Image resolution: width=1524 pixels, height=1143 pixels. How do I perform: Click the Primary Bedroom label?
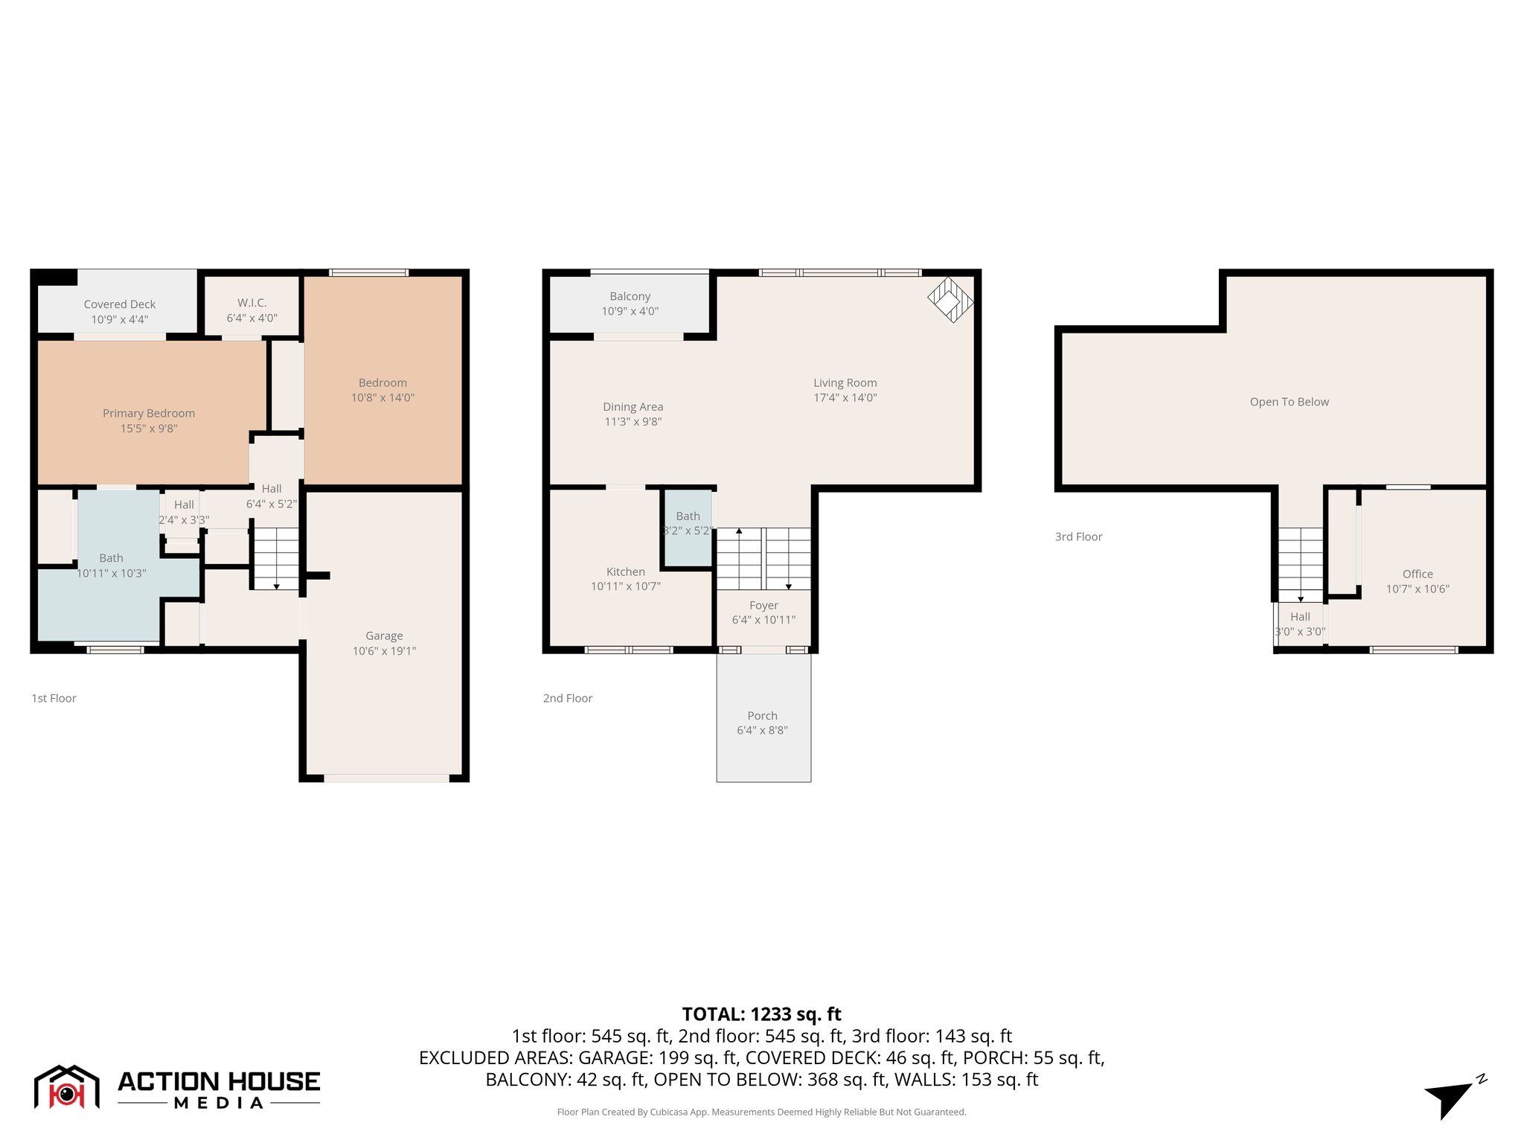tap(149, 413)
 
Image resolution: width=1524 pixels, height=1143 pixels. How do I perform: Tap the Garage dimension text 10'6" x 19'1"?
tap(384, 651)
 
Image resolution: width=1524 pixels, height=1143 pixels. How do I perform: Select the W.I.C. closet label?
tap(252, 303)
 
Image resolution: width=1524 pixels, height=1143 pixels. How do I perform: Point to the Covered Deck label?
tap(120, 304)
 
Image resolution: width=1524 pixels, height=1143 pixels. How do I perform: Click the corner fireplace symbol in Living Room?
tap(950, 299)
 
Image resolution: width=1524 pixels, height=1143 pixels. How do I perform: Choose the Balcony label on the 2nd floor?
tap(630, 296)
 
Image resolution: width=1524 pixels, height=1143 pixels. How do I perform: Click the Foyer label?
tap(763, 606)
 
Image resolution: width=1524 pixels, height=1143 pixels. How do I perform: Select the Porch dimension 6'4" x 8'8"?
tap(762, 731)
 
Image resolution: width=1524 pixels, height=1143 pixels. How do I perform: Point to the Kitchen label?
tap(625, 571)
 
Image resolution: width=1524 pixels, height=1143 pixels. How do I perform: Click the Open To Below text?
tap(1289, 402)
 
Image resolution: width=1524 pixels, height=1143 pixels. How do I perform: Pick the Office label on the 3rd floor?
tap(1417, 574)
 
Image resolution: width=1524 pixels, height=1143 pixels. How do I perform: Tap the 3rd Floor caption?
tap(1078, 537)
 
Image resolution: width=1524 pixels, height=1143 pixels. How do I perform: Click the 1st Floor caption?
tap(54, 698)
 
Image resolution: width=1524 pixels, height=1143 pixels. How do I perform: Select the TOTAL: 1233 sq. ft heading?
tap(761, 1014)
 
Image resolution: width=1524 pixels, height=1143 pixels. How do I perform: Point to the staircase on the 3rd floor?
tap(1300, 564)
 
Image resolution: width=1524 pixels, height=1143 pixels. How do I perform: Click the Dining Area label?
tap(633, 407)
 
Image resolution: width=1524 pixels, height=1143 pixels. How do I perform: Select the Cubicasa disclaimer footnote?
tap(761, 1112)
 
